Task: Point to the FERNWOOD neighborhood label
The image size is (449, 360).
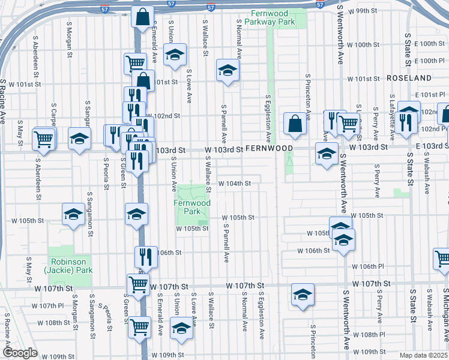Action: [268, 148]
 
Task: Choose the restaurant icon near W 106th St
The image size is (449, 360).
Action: [145, 256]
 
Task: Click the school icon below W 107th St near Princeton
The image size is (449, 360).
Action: [303, 295]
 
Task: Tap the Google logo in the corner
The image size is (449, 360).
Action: [20, 353]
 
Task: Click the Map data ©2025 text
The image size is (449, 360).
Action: [424, 355]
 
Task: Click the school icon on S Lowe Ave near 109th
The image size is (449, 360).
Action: [181, 328]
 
